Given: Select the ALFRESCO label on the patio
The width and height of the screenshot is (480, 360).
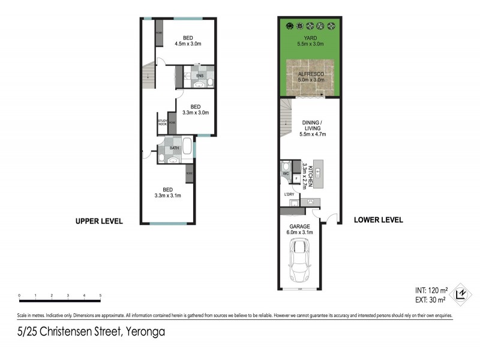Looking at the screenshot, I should pos(311,73).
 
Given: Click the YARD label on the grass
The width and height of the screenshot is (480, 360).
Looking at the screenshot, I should pos(310,38).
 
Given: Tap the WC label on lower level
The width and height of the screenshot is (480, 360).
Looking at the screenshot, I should pos(286,174).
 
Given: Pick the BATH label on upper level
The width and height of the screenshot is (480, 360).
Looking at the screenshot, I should pos(175,148).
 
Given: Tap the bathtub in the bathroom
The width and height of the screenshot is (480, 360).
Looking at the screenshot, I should pos(186,148).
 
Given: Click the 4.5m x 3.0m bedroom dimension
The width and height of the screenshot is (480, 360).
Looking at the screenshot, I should pos(188,43).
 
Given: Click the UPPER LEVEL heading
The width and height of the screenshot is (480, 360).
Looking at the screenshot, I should pos(99,221).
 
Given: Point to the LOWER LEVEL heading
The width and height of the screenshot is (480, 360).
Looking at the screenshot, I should pos(379,220).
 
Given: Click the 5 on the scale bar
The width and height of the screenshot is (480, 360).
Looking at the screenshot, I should pos(100,296).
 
